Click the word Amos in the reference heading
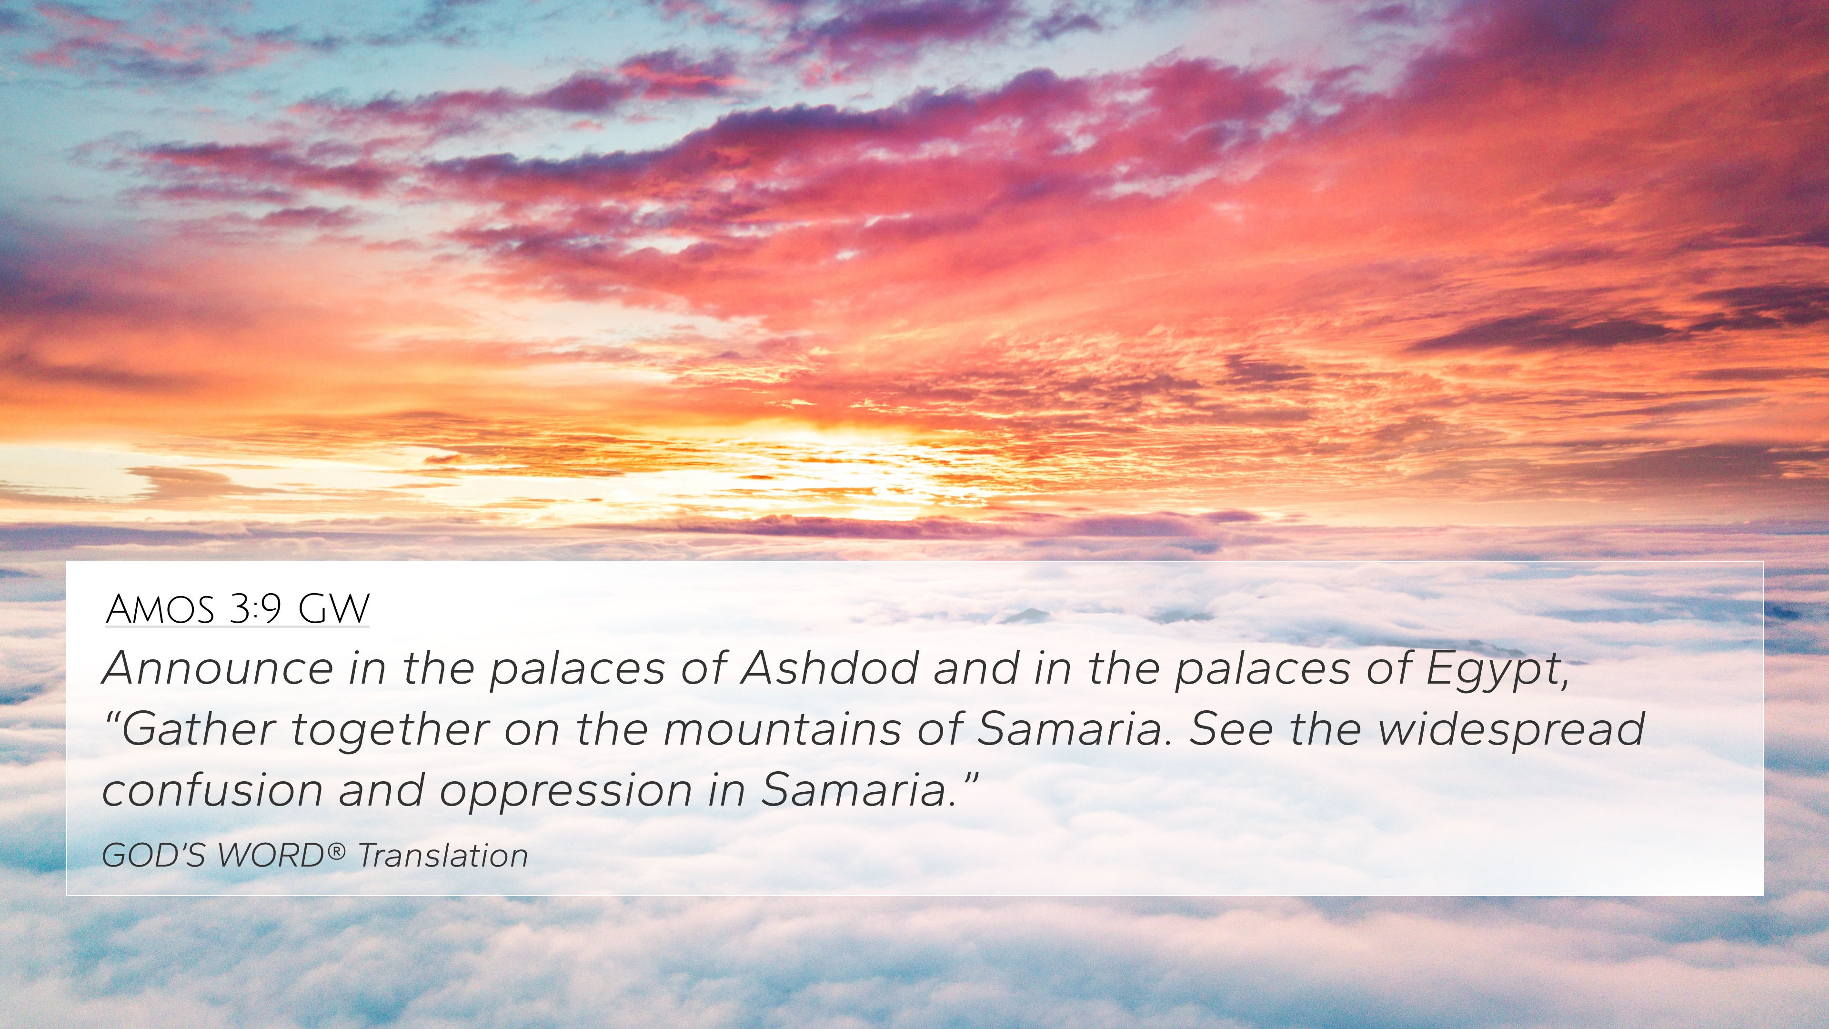click(160, 609)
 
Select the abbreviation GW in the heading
click(334, 609)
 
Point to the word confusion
click(213, 790)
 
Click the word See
click(1230, 729)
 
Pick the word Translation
click(443, 855)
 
